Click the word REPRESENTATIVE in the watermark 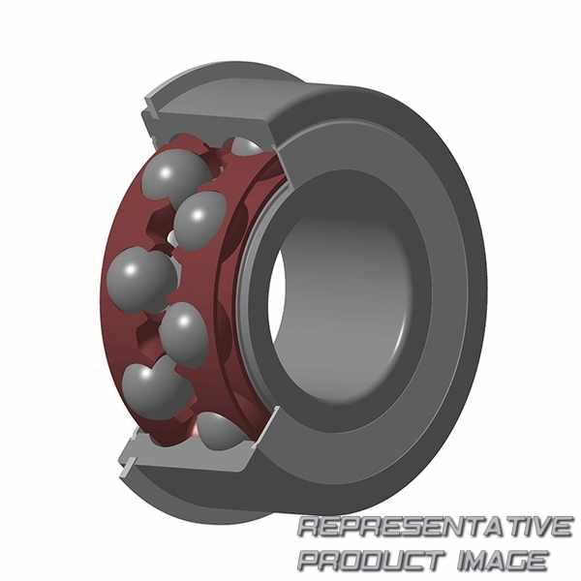tap(435, 527)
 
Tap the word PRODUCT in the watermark tap(372, 560)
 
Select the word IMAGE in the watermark tap(503, 560)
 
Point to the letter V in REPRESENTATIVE tap(540, 527)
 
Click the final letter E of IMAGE tap(537, 560)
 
